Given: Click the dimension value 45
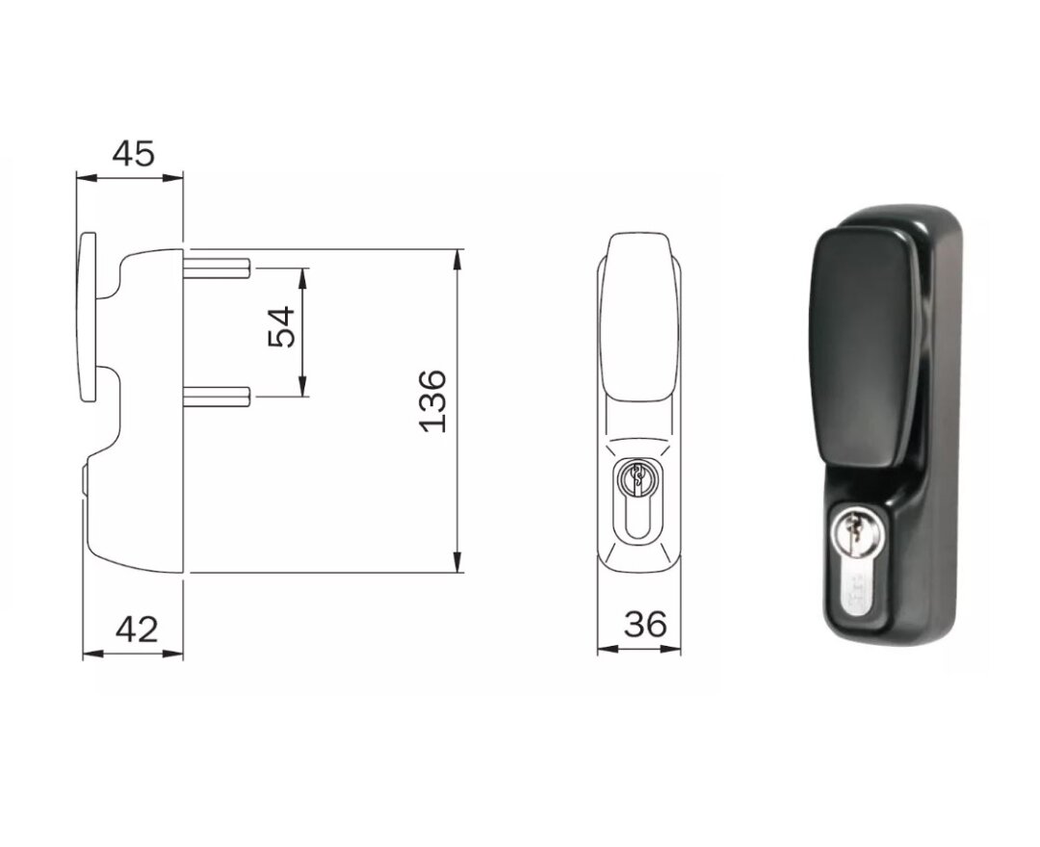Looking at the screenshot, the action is coord(133,154).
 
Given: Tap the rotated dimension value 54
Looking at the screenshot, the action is coord(281,326).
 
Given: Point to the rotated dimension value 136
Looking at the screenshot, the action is coord(433,401).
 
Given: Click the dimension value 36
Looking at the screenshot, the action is coord(644,624).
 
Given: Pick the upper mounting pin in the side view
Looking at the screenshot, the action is coord(217,268).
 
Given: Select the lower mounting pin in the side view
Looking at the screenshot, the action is coord(217,396).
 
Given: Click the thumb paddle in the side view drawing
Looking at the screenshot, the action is coord(88,316).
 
